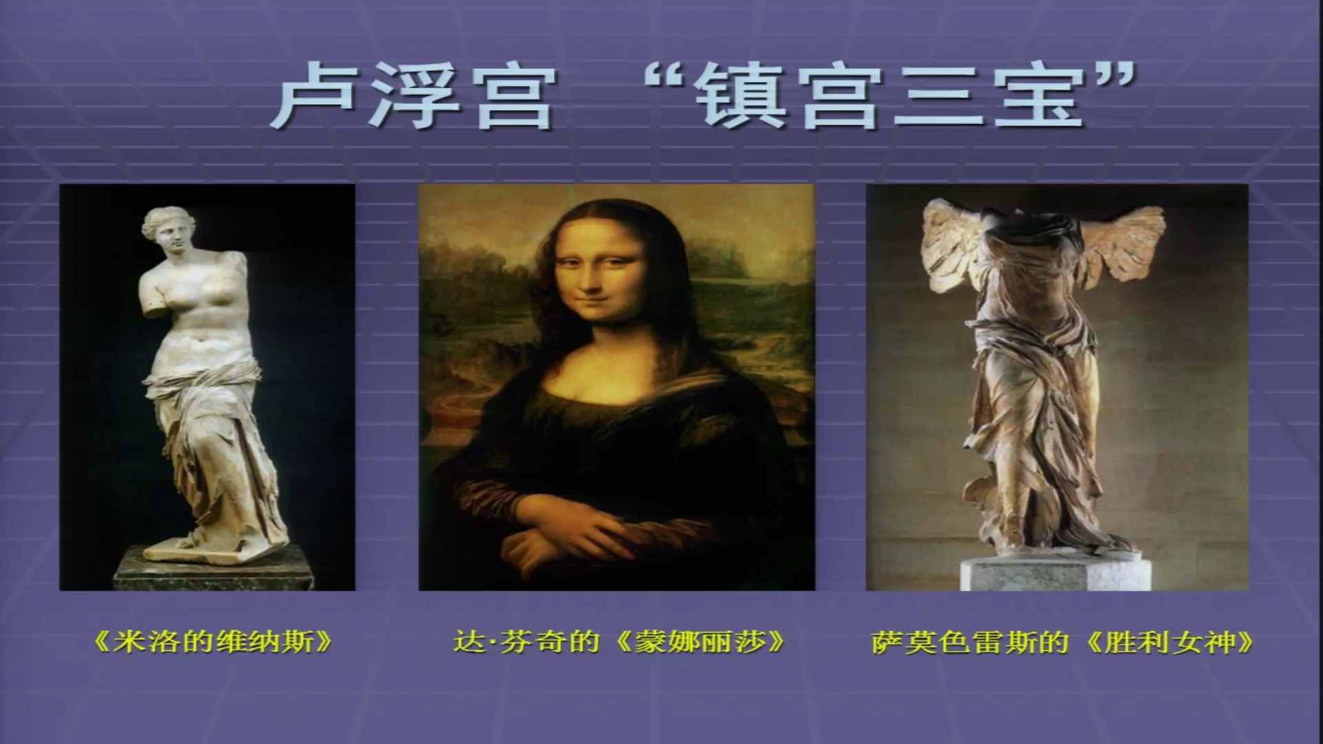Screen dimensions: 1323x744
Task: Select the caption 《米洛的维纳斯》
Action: coord(212,642)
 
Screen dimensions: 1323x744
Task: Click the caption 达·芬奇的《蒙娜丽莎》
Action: coord(619,642)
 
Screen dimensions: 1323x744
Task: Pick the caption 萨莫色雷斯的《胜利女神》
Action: coord(1062,642)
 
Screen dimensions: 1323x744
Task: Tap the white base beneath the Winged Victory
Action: coord(1054,572)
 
